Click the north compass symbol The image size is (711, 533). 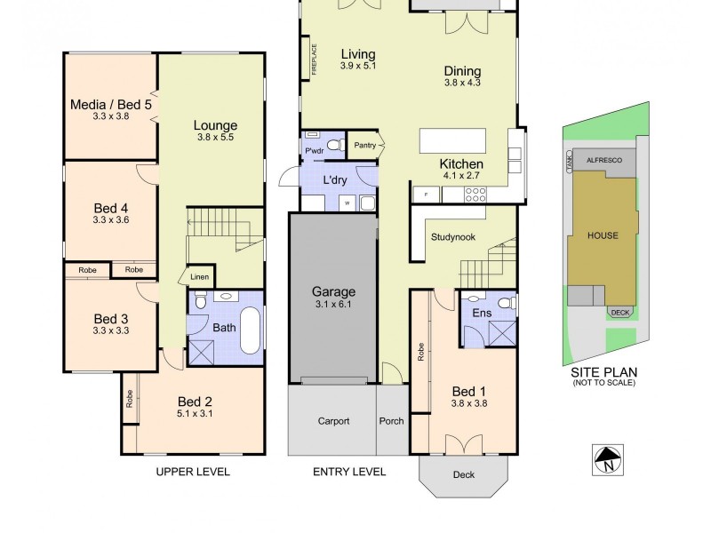click(608, 459)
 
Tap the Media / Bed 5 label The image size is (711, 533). click(111, 105)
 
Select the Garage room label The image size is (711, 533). click(333, 291)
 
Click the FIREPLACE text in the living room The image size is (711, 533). click(314, 60)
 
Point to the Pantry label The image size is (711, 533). click(364, 146)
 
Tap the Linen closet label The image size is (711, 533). click(200, 277)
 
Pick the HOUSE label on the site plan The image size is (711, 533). click(603, 235)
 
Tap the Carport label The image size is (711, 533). click(333, 421)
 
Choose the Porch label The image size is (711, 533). click(391, 421)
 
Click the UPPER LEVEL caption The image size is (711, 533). click(193, 472)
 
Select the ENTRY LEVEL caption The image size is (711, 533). click(349, 472)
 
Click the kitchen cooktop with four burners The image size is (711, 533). click(475, 192)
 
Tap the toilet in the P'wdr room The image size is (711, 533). click(334, 144)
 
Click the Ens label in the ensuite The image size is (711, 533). click(483, 313)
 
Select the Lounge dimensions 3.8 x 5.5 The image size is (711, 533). click(217, 138)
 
